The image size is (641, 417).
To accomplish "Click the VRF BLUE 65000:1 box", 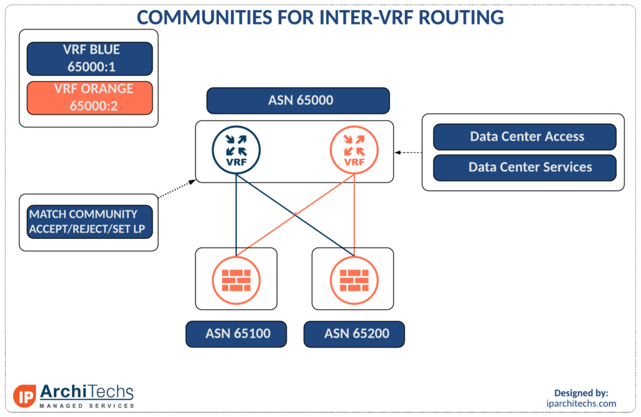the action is coord(90,59).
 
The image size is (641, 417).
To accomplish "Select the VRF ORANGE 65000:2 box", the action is coord(90,98).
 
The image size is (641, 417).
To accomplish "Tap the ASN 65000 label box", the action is coord(298,101).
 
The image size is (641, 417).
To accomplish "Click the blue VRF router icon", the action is coord(236,150).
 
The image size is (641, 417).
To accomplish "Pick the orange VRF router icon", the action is coord(354,150).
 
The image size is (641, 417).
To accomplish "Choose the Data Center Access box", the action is coord(525,137).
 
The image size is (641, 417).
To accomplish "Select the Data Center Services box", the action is coord(525,168).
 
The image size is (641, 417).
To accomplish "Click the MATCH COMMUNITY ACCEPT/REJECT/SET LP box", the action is coord(90,222).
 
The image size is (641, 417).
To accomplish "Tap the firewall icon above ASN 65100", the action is coord(236,280).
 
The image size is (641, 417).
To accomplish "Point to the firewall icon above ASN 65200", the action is coord(354,280).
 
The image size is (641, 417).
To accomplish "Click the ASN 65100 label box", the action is coord(236,334).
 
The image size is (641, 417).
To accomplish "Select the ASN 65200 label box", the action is coord(354,334).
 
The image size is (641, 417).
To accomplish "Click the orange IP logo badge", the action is coord(24,396).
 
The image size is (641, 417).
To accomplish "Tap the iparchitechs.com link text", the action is coord(581,403).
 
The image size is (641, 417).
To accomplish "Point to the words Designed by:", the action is coord(581,393).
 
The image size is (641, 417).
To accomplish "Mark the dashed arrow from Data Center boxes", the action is coord(408,153).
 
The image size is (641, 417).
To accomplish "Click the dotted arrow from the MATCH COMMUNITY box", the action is coord(177,189).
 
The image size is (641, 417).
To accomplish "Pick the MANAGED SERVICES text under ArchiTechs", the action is coord(86,406).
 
